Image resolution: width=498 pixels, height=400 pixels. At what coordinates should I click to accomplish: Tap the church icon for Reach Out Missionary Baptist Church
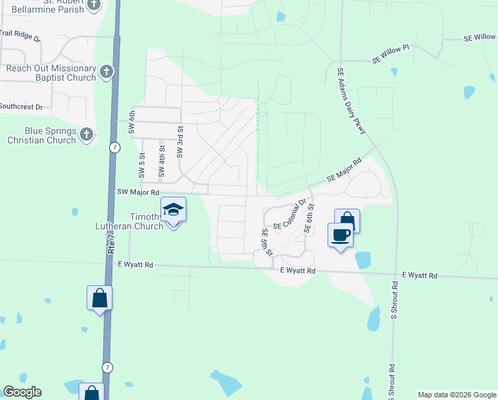[105, 72]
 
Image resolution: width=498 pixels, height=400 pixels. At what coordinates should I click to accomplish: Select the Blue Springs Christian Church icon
[86, 135]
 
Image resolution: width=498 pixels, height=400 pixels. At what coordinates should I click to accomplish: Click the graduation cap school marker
[173, 209]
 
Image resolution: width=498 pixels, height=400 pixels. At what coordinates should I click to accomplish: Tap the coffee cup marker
[341, 235]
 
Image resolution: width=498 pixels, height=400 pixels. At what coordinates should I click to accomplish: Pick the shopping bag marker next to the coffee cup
[347, 219]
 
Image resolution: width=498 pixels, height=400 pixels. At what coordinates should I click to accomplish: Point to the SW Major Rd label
[138, 192]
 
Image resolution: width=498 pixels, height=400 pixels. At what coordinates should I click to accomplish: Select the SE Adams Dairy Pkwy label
[352, 101]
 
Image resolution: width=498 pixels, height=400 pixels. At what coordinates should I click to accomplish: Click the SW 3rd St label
[180, 141]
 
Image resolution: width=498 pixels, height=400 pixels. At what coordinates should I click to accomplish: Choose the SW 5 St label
[141, 165]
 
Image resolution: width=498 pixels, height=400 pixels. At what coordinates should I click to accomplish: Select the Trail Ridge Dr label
[20, 32]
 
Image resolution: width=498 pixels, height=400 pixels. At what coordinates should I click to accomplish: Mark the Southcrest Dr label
[21, 107]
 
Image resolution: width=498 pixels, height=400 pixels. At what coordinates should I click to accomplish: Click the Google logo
[22, 392]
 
